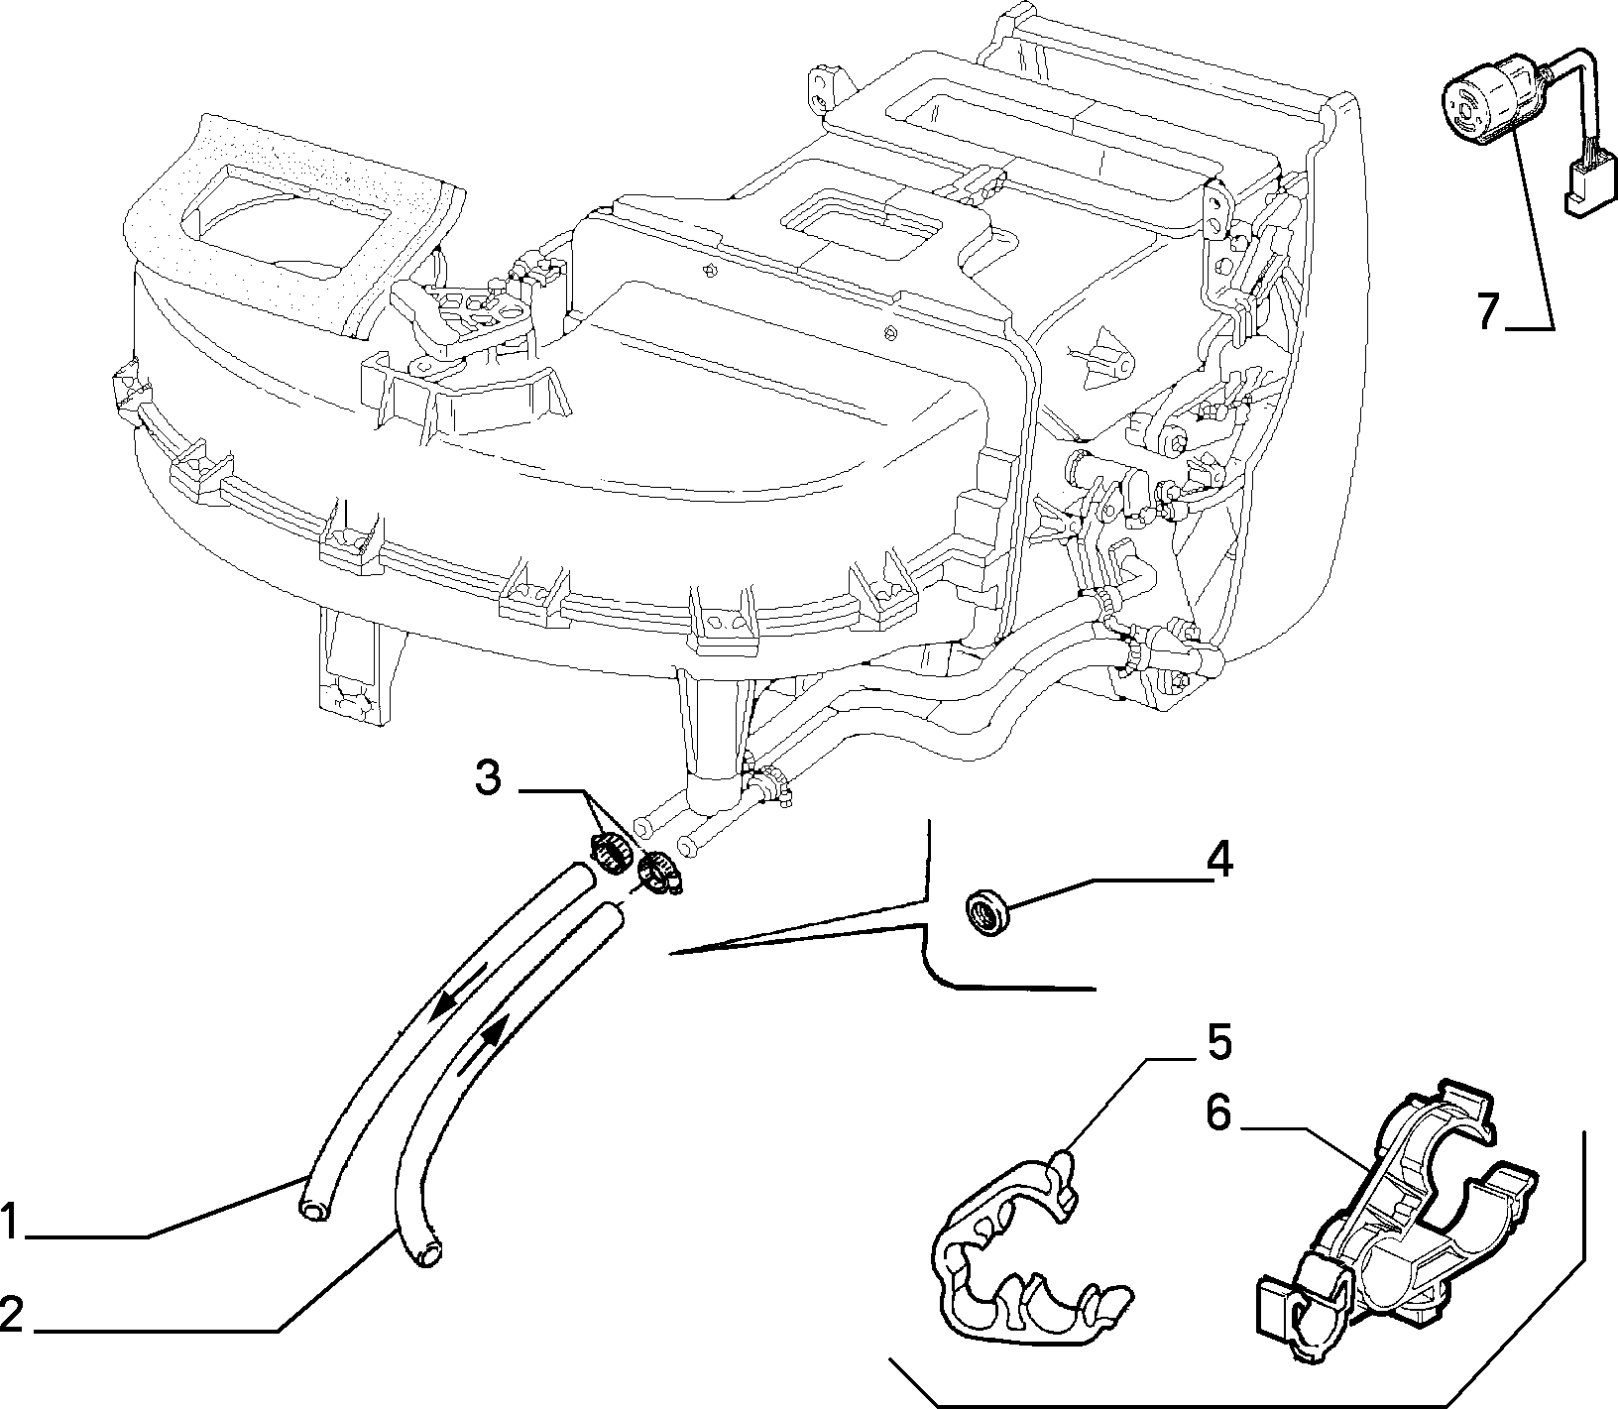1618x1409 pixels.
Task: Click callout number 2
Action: (13, 1316)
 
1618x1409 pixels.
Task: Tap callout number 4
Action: (1218, 860)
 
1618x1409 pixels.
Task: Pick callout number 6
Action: (1217, 1115)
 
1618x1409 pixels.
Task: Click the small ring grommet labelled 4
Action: (985, 910)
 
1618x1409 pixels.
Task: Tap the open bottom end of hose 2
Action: (429, 1257)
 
